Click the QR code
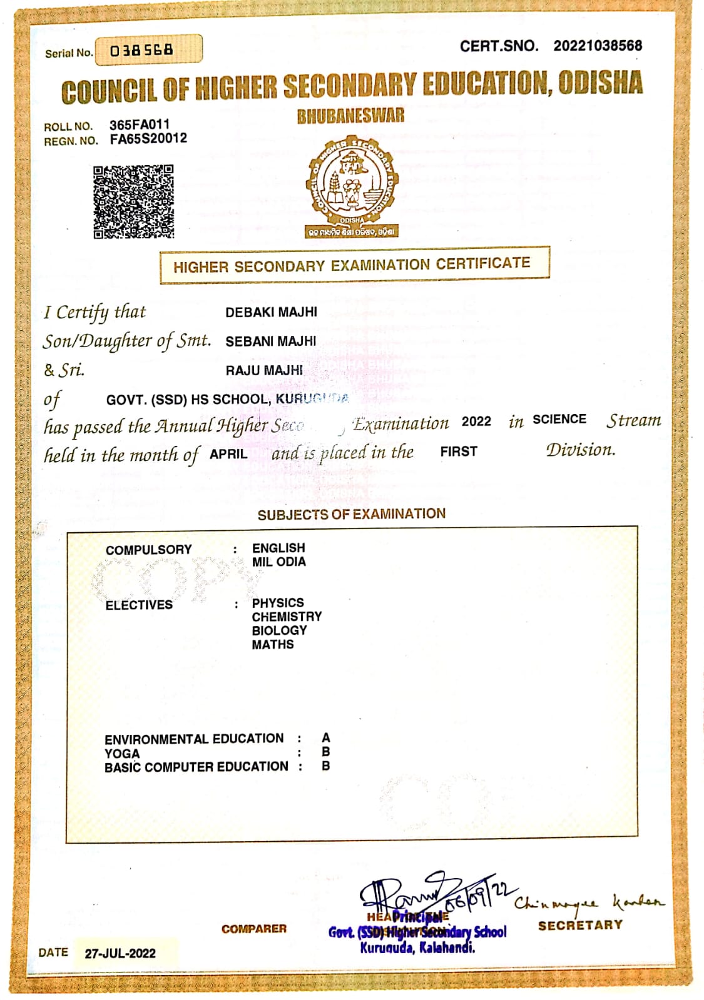(133, 201)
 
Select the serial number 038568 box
(148, 50)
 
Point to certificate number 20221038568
(597, 46)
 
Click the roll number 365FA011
(139, 124)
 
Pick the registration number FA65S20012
(148, 139)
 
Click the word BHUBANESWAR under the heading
(350, 116)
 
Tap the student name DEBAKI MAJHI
(271, 312)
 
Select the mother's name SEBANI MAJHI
(270, 341)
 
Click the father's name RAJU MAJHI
(263, 371)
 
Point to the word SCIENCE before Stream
(559, 420)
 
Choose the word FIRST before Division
(458, 452)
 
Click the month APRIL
(228, 454)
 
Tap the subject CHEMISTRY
(287, 617)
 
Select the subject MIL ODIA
(278, 562)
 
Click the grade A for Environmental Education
(325, 738)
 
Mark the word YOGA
(122, 753)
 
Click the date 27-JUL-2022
(120, 953)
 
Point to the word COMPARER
(253, 929)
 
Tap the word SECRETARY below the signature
(580, 925)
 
